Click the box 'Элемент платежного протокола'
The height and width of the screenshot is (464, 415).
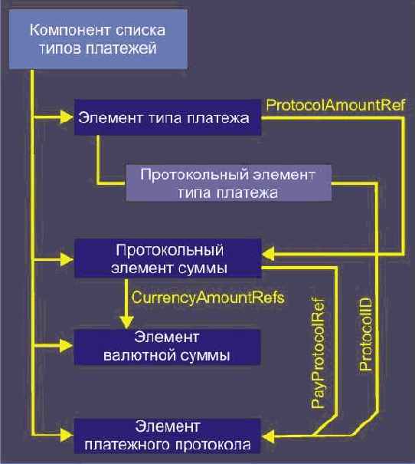[x=167, y=435]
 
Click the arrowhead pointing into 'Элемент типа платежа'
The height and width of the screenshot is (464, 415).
[x=67, y=117]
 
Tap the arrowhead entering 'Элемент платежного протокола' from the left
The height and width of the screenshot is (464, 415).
[x=67, y=435]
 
